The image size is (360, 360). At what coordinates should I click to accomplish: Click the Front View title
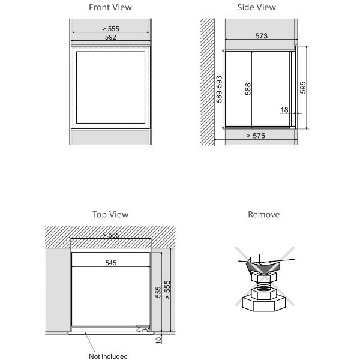tap(110, 7)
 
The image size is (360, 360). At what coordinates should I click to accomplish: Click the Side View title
tap(256, 7)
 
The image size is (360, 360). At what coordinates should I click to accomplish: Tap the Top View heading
tap(110, 214)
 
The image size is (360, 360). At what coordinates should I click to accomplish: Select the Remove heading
tap(264, 214)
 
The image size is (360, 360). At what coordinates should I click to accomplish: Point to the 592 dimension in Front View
tap(110, 37)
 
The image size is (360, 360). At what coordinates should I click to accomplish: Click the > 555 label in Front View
tap(110, 29)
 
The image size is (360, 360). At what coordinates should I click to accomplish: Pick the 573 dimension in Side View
tap(261, 36)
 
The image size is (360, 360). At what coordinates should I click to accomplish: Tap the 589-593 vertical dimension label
tap(219, 89)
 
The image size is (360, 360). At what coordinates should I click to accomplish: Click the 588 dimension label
tap(248, 89)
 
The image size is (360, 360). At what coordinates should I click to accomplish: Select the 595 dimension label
tap(303, 88)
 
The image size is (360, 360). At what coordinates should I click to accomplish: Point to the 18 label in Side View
tap(284, 110)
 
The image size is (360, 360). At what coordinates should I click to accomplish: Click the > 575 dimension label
tap(256, 136)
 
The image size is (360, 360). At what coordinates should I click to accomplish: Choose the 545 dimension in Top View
tap(111, 263)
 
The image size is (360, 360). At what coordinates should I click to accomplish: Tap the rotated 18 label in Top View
tap(158, 340)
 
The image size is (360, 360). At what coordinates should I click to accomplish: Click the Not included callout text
tap(108, 356)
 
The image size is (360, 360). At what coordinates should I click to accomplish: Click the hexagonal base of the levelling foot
tap(264, 304)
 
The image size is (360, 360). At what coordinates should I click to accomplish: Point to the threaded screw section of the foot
tap(263, 286)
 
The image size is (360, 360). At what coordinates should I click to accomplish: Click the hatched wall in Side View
tap(208, 82)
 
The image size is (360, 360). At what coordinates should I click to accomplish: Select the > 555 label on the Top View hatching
tap(111, 235)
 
